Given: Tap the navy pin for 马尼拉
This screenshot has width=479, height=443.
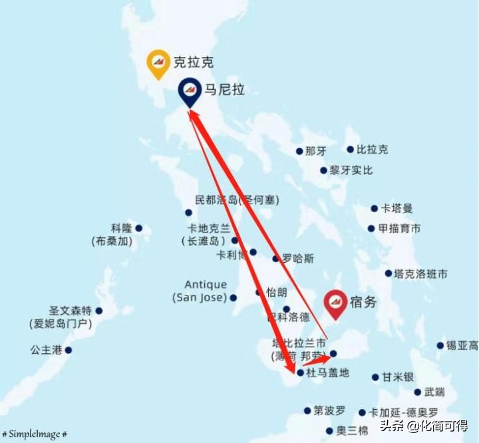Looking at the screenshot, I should click(190, 91).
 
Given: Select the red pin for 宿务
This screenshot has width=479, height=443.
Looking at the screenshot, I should click(335, 303).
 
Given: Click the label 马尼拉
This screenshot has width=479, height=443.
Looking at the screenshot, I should click(224, 89).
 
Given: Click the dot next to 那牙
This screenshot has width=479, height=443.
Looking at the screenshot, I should click(299, 151).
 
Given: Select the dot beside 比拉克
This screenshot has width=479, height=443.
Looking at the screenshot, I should click(350, 150).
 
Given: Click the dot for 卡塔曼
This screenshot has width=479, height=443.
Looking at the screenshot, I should click(374, 208).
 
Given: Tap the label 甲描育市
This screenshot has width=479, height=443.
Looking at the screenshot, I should click(399, 228).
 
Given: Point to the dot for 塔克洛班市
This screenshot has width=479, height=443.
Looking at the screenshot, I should click(388, 273).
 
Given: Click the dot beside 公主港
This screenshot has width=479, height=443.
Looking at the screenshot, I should click(68, 350).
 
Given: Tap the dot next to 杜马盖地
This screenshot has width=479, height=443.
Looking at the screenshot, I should click(301, 373).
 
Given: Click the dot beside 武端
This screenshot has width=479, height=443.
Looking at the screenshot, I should click(417, 392).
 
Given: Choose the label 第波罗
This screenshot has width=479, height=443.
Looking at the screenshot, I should click(329, 410).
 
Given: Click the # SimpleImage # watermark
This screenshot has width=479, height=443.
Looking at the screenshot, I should click(35, 434).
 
